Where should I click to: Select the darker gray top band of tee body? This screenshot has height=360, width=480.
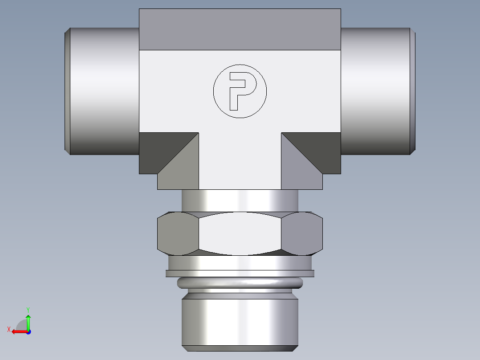pyautogui.click(x=240, y=29)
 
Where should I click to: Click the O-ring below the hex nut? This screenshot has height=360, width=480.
pyautogui.click(x=240, y=282)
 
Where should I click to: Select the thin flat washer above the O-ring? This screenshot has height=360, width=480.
pyautogui.click(x=240, y=273)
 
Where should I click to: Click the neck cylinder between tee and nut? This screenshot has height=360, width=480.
pyautogui.click(x=240, y=200)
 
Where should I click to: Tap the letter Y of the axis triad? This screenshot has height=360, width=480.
pyautogui.click(x=28, y=309)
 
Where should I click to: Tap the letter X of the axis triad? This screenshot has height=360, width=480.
pyautogui.click(x=9, y=329)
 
